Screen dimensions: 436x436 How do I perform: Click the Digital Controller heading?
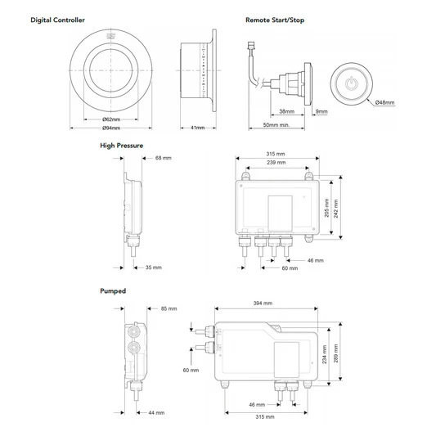coord(57,20)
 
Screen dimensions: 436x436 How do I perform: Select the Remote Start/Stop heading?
coord(275,20)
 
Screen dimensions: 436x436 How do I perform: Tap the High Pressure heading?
coord(122,146)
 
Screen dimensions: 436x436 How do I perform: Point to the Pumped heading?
coord(113,291)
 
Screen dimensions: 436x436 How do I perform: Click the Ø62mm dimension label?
coord(111,119)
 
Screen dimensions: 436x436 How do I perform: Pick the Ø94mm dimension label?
coord(111,128)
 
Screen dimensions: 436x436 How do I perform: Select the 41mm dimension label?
coord(197,128)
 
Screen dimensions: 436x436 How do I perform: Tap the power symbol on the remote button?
coord(351,83)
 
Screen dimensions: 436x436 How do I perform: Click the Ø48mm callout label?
coord(384,102)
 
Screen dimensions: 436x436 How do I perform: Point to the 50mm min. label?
coord(276,125)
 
